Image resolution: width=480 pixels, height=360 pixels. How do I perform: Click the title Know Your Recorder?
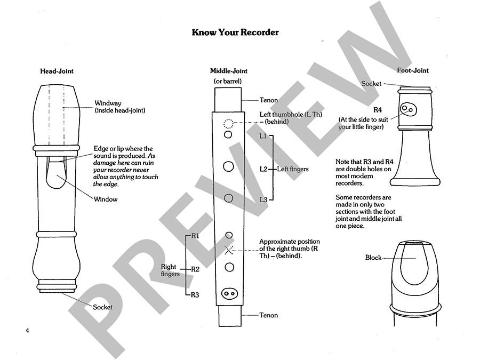[x=235, y=33]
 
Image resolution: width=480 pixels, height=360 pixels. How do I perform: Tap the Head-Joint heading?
[x=57, y=71]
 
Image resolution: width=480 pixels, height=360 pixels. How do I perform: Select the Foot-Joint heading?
[x=412, y=70]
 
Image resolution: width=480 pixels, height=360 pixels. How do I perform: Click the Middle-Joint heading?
[x=228, y=71]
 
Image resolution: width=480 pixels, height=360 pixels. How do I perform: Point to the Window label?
[x=106, y=199]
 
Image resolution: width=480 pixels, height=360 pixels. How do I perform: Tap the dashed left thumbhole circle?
[x=228, y=124]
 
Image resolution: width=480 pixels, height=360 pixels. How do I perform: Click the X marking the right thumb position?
[x=229, y=250]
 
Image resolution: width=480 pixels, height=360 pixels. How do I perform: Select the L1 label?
[x=263, y=137]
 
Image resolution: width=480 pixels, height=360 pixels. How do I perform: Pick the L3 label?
[x=263, y=199]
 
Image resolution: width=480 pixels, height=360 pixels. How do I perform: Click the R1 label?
[x=195, y=236]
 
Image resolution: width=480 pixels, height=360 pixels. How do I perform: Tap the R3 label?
[x=195, y=294]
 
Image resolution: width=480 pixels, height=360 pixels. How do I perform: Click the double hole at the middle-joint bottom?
[x=229, y=293]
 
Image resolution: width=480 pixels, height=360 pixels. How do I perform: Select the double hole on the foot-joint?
[x=409, y=109]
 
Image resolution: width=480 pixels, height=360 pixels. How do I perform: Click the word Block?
[x=373, y=258]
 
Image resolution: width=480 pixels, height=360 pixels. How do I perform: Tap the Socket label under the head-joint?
[x=102, y=308]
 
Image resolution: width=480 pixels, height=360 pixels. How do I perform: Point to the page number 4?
[x=27, y=331]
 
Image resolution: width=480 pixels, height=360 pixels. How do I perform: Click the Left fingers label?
[x=292, y=169]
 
